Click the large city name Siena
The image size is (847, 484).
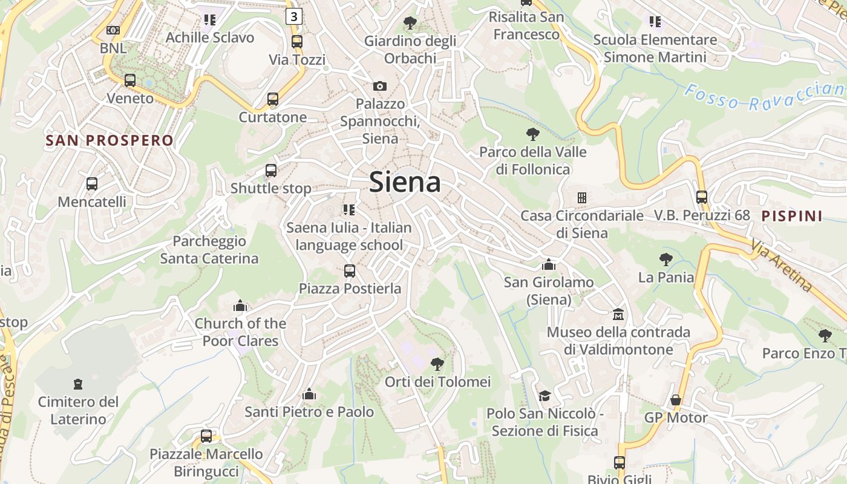tap(405, 181)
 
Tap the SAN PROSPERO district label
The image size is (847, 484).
tap(110, 141)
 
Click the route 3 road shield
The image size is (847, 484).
tap(293, 16)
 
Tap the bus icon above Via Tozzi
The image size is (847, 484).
tap(296, 42)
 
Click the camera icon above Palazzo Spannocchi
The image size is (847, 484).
tap(380, 86)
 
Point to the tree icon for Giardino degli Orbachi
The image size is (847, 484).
tap(410, 24)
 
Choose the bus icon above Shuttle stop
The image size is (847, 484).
tap(271, 171)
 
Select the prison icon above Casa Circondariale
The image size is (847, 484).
tap(582, 198)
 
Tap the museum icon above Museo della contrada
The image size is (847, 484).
tap(618, 315)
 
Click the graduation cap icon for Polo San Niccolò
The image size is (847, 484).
tap(544, 396)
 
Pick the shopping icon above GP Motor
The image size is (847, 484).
tap(676, 400)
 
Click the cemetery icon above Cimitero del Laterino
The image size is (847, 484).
tap(77, 384)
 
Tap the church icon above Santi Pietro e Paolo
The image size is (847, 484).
tap(309, 394)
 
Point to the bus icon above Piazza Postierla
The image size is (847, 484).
tap(350, 270)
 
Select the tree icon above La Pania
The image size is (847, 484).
tap(666, 260)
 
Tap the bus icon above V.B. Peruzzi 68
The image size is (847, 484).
tap(702, 197)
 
